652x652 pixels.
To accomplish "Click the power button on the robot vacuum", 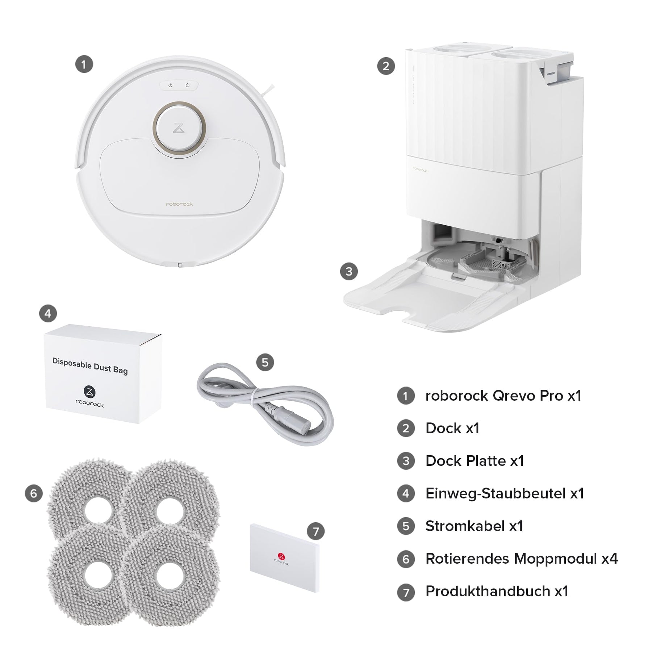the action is point(170,85).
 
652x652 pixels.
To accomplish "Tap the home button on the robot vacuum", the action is point(188,85).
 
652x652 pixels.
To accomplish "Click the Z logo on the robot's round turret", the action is point(179,128).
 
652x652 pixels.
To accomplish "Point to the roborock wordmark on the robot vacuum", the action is point(179,204).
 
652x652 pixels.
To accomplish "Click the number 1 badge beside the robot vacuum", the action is point(84,64).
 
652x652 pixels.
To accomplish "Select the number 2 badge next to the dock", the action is point(386,66).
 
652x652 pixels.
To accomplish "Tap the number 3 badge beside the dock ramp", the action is point(349,271).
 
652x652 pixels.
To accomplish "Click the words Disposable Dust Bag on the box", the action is point(90,366).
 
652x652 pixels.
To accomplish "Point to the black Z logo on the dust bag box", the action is point(89,392).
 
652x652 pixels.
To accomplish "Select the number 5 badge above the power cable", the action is point(265,362).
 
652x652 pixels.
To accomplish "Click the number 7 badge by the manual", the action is point(315,531).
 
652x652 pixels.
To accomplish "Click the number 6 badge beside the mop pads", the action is point(34,493).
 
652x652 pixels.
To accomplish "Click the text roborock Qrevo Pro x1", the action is point(503,396).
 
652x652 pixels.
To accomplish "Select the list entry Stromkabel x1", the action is point(474,526).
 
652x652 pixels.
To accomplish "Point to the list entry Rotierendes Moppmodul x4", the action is point(522,559).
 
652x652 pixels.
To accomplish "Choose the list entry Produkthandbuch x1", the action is point(497,591).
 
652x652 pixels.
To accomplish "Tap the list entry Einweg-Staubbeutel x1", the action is point(505,493).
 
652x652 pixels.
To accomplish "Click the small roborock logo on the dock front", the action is point(420,170).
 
